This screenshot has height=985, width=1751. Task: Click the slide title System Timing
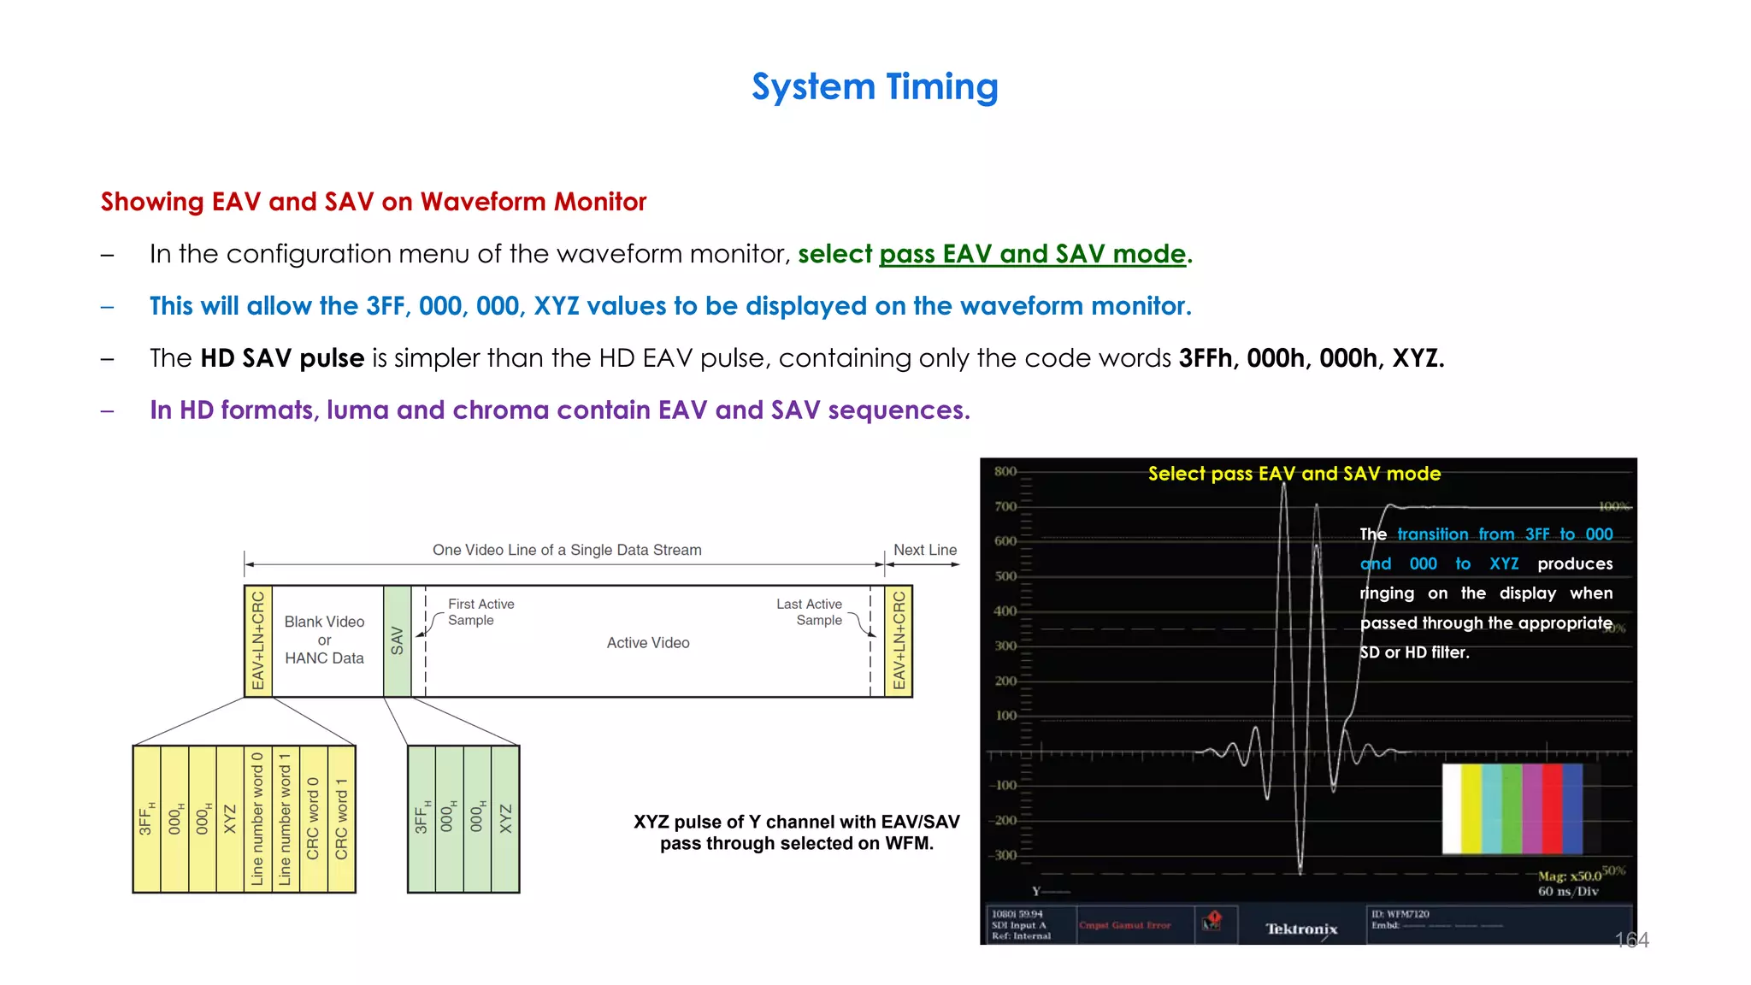coord(875,87)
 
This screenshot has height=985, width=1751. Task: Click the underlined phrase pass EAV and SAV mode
coord(1032,254)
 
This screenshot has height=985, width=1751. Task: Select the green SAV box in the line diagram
coord(397,641)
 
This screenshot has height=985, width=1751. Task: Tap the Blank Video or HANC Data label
coord(324,640)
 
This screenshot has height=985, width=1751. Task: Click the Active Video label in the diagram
coord(648,643)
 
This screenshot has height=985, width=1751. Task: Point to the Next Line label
coord(925,550)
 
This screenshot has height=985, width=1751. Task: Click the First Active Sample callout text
coord(480,612)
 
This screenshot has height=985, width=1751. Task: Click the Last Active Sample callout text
coord(809,612)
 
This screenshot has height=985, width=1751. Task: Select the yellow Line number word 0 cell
coord(257,819)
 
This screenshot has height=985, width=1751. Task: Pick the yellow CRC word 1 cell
coord(341,819)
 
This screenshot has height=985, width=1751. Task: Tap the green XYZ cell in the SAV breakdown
coord(505,819)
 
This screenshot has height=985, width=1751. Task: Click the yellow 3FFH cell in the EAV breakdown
coord(146,819)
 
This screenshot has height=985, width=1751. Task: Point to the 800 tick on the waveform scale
coord(1005,472)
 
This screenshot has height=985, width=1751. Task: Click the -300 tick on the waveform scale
coord(1004,855)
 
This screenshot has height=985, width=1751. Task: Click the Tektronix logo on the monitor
coord(1300,929)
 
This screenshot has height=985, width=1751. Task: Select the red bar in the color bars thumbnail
coord(1552,809)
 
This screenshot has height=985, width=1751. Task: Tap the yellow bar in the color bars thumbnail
coord(1471,809)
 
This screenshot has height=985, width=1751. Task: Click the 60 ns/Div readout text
coord(1568,891)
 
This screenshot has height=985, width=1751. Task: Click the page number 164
coord(1631,941)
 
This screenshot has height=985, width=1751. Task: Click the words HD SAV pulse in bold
coord(282,358)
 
